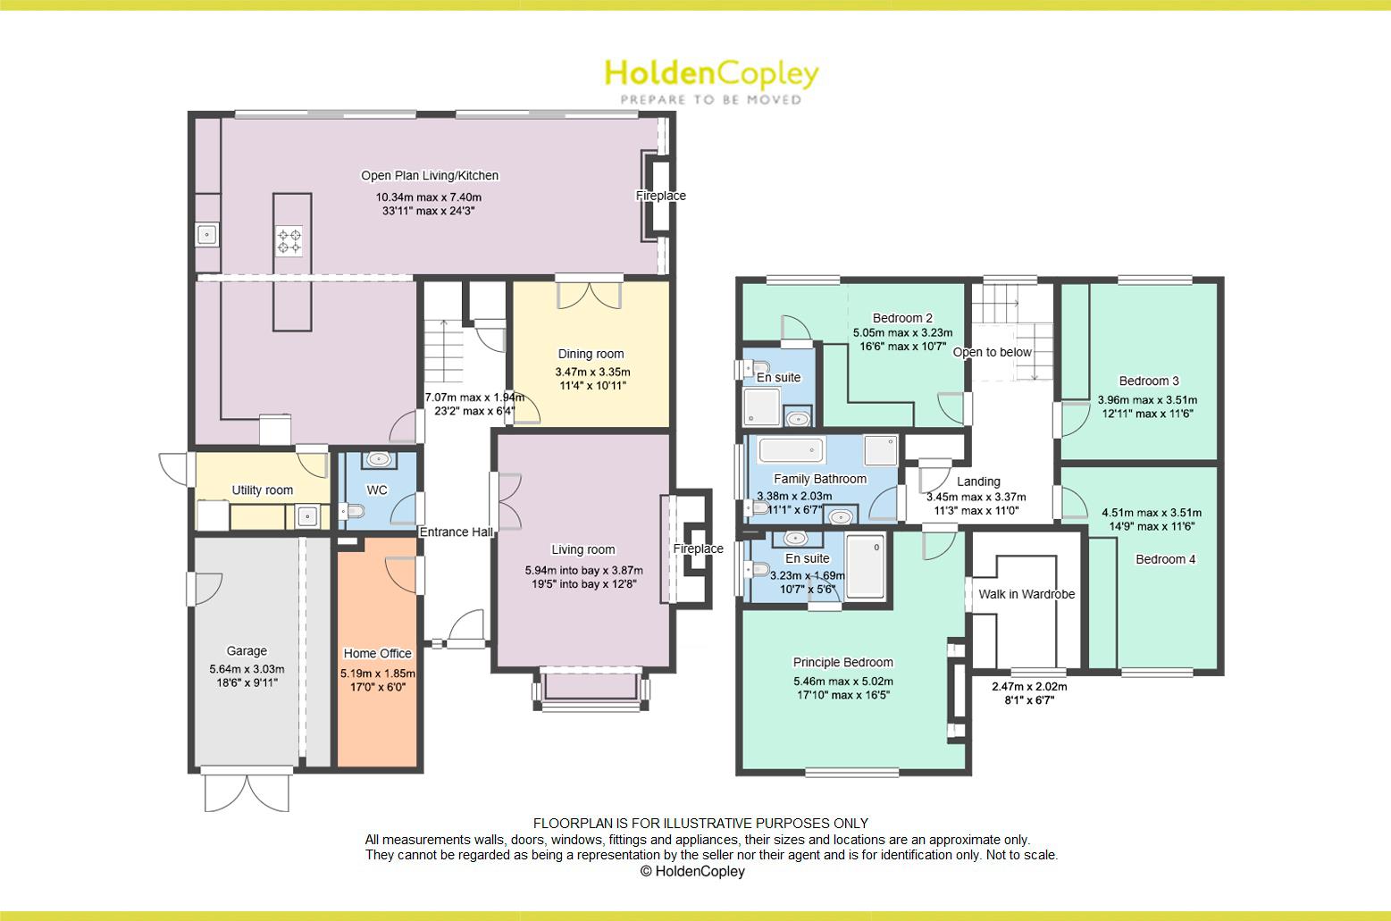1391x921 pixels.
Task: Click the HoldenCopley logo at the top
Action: point(711,80)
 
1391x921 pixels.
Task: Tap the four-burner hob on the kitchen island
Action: point(288,239)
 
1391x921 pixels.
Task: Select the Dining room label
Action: point(591,354)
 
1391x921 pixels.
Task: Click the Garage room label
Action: point(247,651)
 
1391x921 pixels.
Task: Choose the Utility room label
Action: point(262,490)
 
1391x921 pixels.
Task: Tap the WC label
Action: point(377,490)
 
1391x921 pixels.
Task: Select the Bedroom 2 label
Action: point(902,318)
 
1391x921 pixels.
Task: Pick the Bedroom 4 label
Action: point(1165,559)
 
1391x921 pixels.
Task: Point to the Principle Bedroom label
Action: point(842,663)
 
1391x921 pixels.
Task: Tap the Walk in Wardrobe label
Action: point(1026,594)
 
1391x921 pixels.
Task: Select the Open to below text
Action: point(992,352)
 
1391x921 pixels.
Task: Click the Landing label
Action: point(978,481)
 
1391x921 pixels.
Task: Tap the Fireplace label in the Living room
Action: point(698,548)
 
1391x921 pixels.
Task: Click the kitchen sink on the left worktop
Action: point(207,235)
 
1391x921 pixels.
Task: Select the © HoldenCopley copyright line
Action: point(692,871)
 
